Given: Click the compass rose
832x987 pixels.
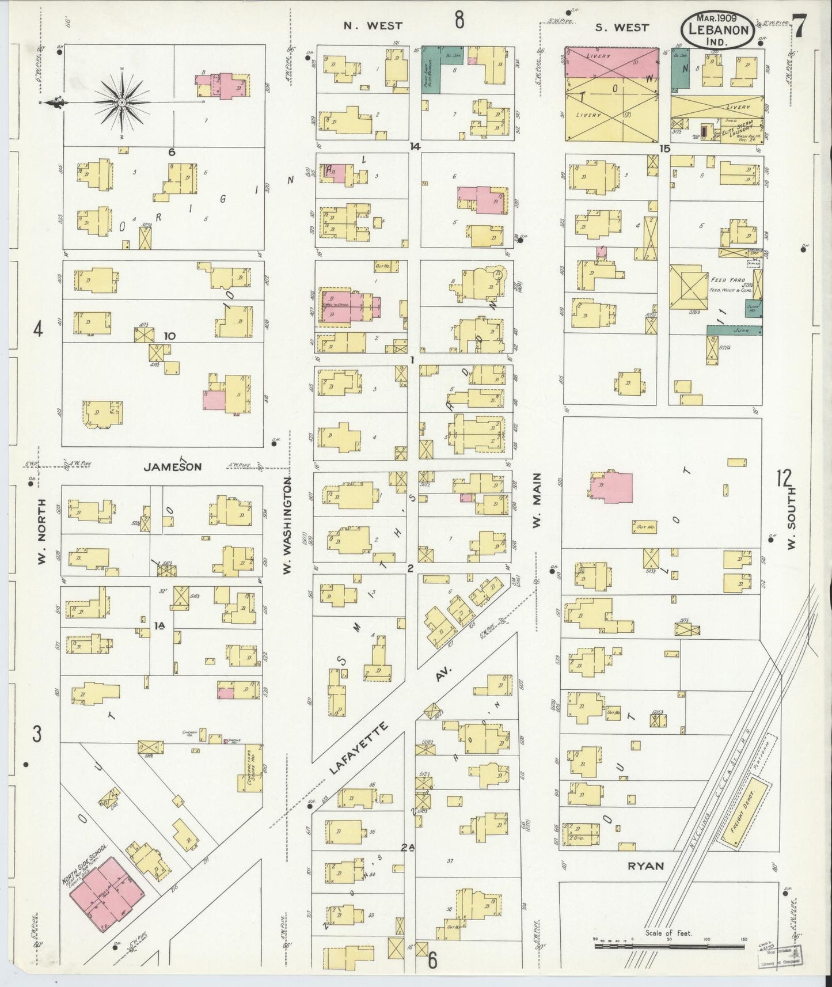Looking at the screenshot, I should pyautogui.click(x=122, y=103).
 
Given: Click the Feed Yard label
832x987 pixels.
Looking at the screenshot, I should pyautogui.click(x=723, y=280).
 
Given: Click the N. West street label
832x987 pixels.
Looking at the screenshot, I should pyautogui.click(x=373, y=25).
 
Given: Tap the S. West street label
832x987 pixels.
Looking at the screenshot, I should pyautogui.click(x=622, y=26).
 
